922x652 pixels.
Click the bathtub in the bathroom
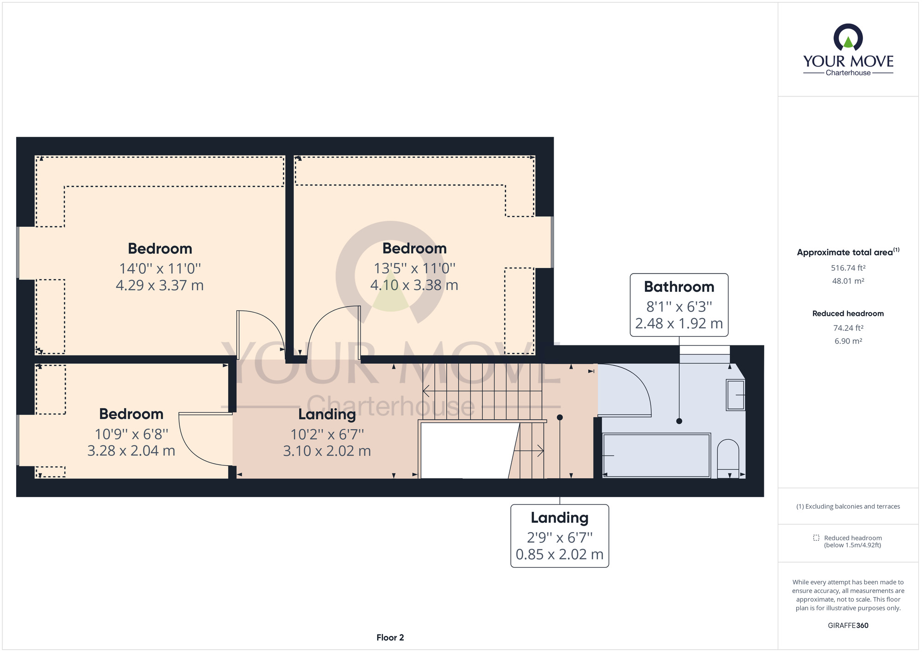656,455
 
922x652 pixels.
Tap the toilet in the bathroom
728,458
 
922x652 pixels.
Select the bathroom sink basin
735,395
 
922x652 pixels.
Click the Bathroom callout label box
679,305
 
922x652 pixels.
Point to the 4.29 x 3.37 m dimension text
160,285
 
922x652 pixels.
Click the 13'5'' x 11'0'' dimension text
414,268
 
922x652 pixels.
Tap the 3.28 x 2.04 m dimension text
131,450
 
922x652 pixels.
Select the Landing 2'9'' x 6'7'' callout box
560,536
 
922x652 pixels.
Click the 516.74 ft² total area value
848,268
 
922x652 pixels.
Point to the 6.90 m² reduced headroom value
848,341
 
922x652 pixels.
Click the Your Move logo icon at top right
848,37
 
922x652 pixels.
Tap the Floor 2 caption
390,638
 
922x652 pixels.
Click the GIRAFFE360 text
848,626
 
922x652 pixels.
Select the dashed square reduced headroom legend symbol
816,538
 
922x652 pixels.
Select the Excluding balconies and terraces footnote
848,506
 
